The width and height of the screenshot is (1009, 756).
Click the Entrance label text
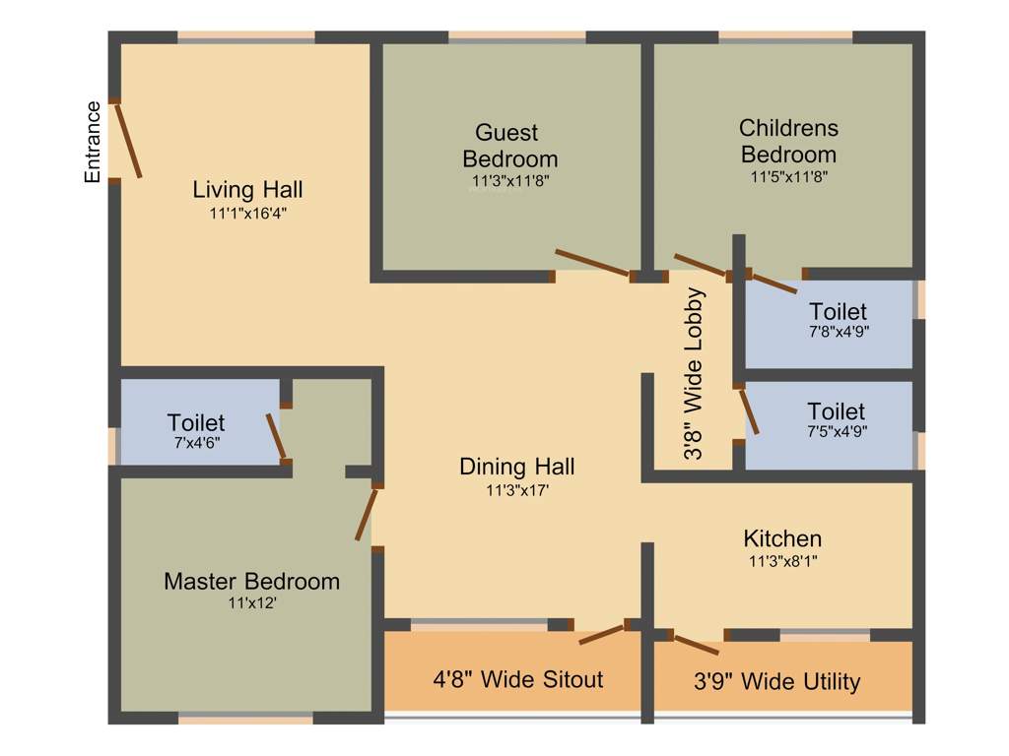coord(93,142)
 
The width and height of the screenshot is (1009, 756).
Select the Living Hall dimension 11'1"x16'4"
coord(247,212)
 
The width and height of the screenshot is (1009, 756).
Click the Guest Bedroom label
coord(508,145)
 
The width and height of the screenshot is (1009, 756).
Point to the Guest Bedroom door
coord(592,264)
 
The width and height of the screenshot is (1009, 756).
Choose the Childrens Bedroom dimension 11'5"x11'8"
coord(788,177)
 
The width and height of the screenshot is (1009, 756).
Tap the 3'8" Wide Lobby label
coord(696,375)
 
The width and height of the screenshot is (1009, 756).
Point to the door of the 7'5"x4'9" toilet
coord(749,410)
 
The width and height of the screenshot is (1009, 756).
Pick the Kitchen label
coord(782,538)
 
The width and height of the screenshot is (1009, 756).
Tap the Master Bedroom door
coord(367,513)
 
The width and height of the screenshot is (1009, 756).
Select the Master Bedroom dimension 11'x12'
coord(251,602)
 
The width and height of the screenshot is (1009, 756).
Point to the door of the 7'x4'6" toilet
coord(276,436)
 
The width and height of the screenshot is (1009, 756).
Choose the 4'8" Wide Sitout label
coord(518,679)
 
